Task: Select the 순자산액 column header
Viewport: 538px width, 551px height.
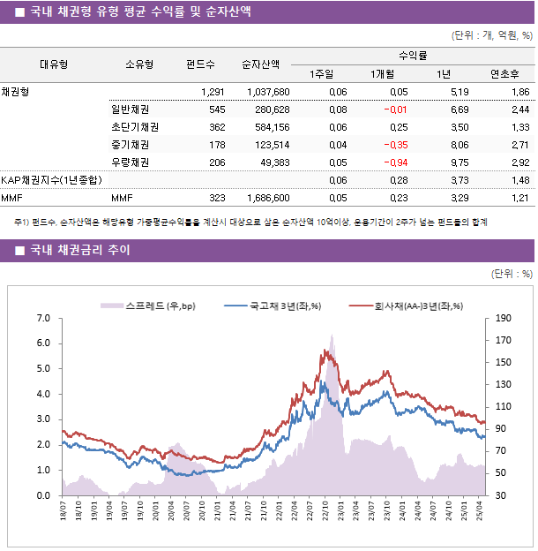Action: point(262,64)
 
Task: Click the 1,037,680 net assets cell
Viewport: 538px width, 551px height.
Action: point(268,92)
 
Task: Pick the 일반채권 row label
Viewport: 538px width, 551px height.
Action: point(130,109)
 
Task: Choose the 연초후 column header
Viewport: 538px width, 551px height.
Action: point(504,73)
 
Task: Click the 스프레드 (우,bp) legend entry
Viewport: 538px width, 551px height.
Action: point(147,306)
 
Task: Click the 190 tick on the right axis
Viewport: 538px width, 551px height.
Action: point(503,318)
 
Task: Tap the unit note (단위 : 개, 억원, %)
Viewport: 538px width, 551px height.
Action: point(491,36)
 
